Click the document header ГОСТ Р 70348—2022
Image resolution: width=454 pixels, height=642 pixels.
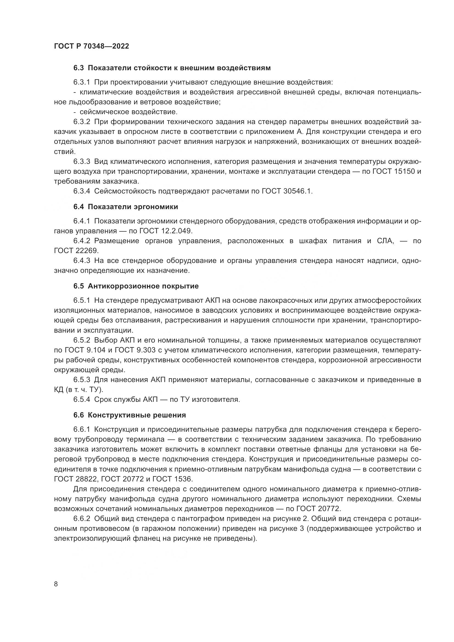tap(91, 46)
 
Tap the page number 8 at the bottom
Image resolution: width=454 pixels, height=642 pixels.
tap(56, 584)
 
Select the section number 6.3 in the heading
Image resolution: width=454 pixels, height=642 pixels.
tap(79, 68)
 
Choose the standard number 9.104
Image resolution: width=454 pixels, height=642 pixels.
tap(96, 350)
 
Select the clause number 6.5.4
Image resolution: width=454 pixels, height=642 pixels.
tap(82, 400)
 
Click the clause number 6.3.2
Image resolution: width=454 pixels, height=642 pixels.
tap(82, 122)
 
